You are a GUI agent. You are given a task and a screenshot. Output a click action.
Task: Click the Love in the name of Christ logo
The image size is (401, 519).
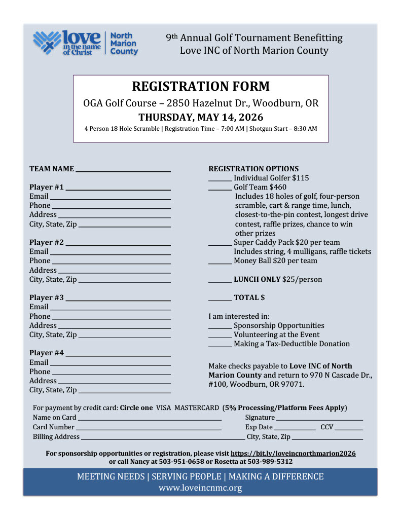(85, 43)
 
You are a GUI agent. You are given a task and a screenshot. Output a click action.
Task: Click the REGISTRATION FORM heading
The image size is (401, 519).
(201, 86)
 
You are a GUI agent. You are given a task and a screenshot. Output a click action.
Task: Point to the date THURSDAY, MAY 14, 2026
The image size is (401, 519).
(201, 117)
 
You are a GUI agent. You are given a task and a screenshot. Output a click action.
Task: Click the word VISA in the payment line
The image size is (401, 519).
(163, 408)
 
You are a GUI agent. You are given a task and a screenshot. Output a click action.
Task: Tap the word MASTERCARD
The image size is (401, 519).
(197, 408)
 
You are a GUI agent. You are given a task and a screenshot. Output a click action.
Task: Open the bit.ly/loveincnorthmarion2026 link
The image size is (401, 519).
(293, 453)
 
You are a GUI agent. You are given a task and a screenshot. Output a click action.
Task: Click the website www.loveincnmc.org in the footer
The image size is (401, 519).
(200, 488)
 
